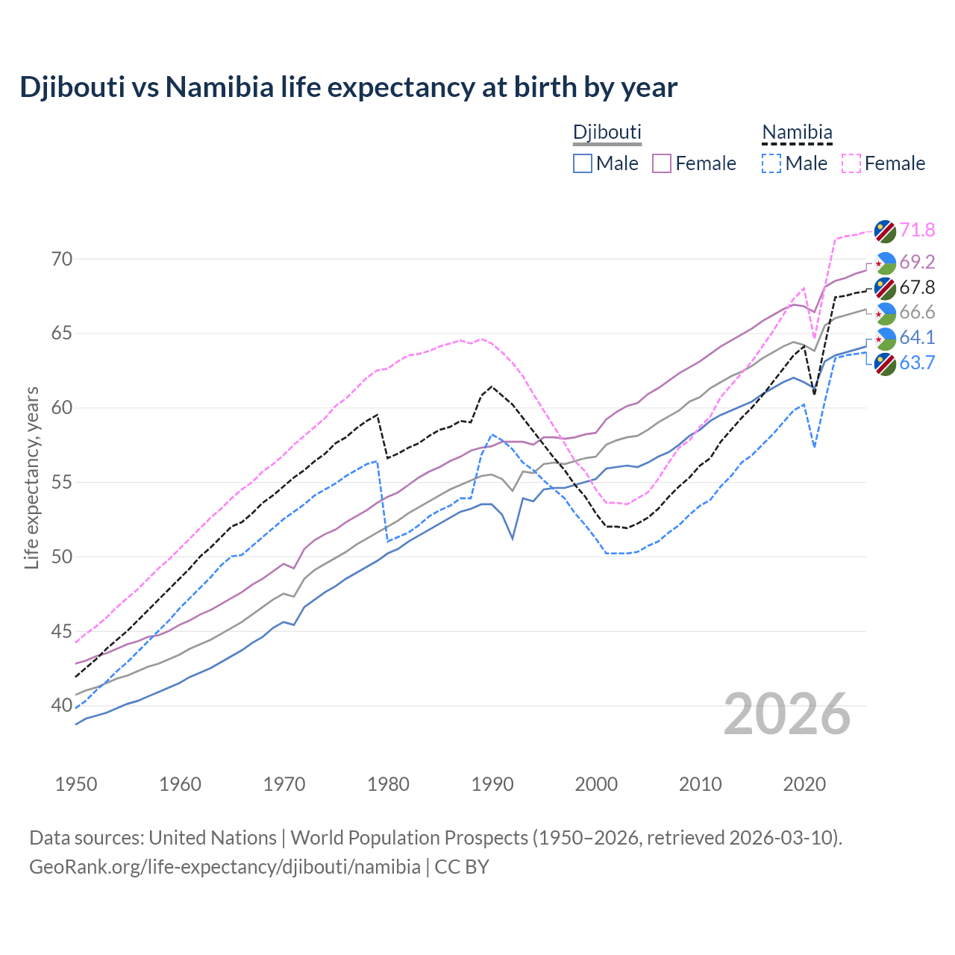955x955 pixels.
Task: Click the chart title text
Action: coord(348,87)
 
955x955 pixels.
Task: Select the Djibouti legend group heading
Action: coord(607,132)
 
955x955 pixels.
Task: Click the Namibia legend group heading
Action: coord(797,132)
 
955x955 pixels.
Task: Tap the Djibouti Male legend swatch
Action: coord(583,163)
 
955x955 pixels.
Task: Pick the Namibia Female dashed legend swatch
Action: coord(851,163)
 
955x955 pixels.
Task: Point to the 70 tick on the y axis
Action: coord(62,260)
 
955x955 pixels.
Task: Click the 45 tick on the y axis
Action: coord(62,631)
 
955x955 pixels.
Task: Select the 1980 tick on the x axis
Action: coord(388,784)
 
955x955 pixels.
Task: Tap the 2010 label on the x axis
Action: coord(700,784)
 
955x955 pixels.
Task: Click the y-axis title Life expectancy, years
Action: coord(31,477)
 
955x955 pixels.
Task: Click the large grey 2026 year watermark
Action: coord(787,714)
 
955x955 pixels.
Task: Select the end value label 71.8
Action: coord(917,230)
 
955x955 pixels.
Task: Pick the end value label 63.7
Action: coord(917,363)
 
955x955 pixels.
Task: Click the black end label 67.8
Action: coord(917,287)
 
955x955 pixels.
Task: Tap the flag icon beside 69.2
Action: coord(885,263)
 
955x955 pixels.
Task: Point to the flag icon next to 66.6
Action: coord(885,313)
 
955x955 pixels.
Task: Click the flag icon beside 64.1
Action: coord(885,338)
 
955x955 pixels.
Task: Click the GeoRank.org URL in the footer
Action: coord(225,867)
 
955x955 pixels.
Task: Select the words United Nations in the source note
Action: coord(213,837)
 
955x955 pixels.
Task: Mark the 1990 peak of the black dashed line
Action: coord(492,386)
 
